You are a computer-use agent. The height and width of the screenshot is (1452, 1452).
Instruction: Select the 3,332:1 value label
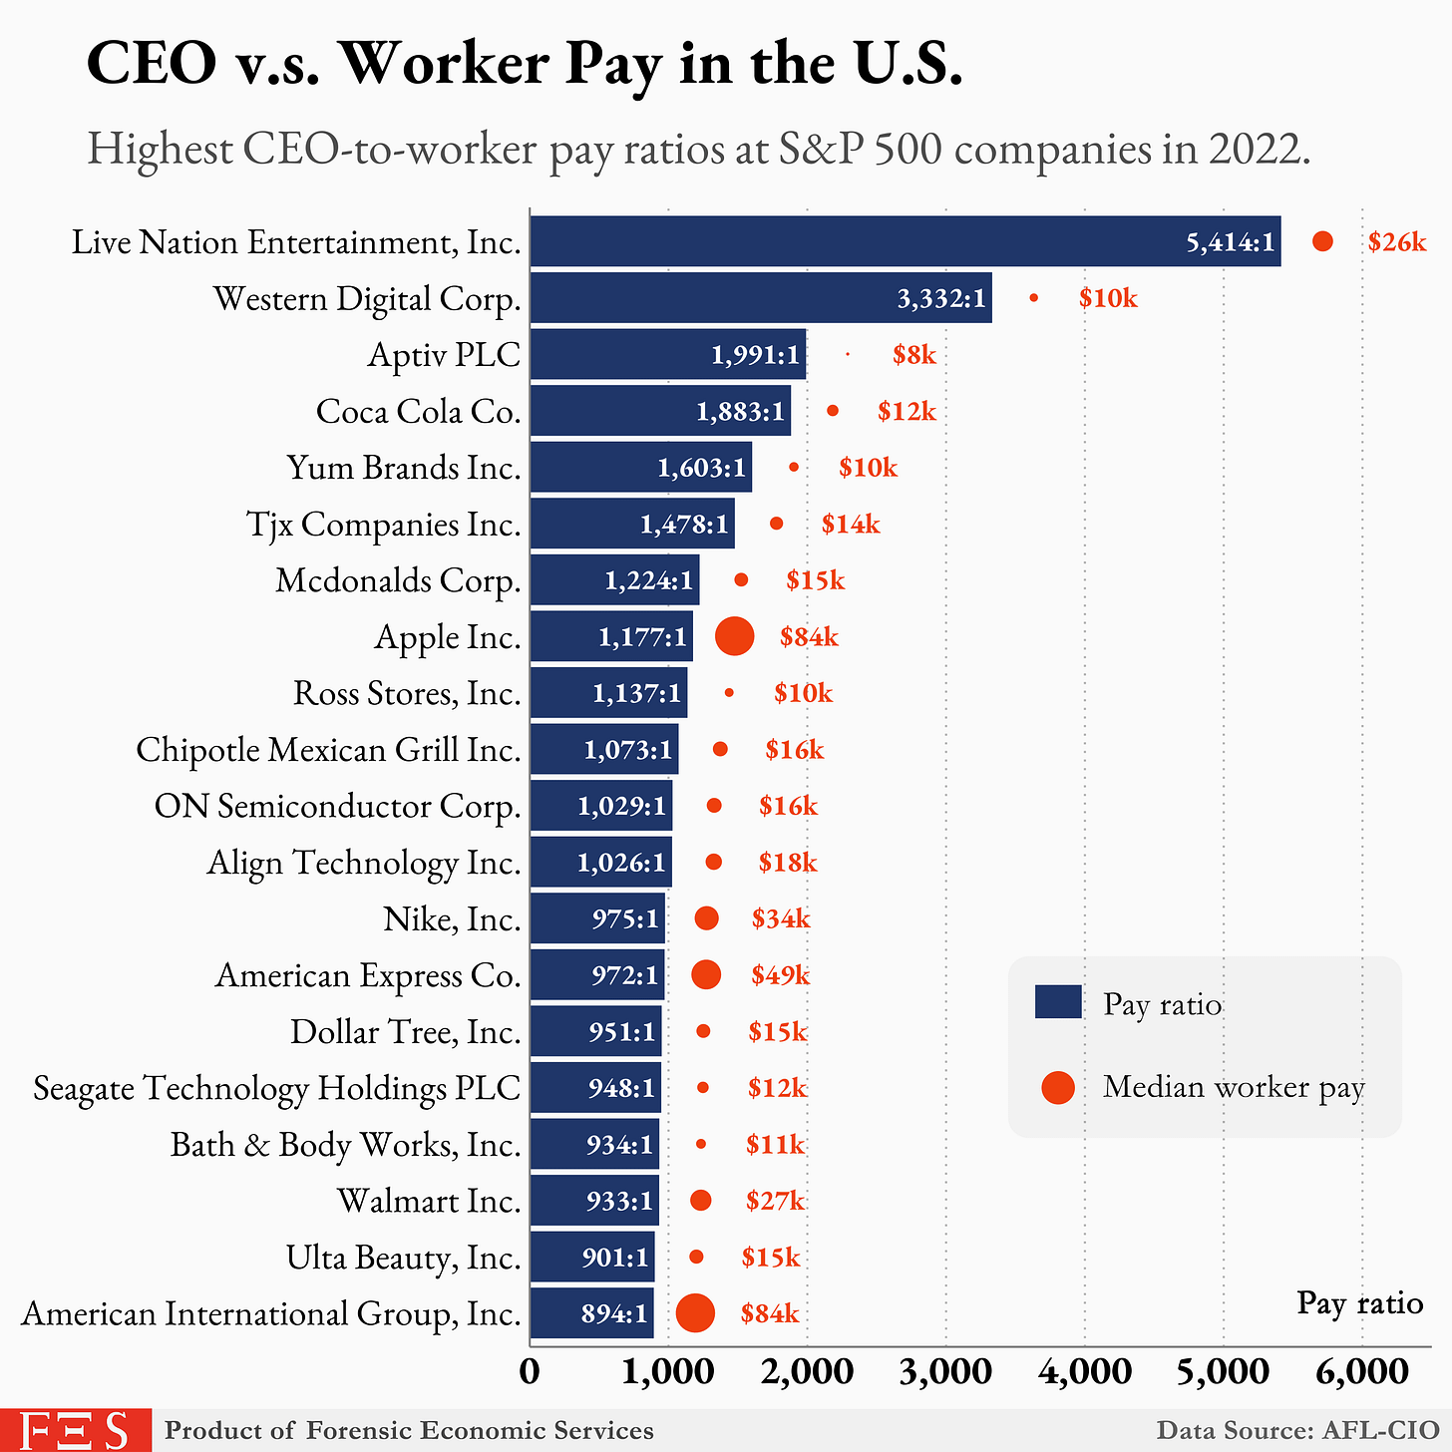940,298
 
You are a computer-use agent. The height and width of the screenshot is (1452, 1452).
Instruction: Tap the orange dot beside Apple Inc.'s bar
735,636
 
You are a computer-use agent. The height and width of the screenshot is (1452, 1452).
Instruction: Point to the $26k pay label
1396,241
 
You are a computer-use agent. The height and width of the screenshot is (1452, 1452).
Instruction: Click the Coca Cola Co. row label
418,411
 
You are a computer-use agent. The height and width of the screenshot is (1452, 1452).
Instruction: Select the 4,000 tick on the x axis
1084,1372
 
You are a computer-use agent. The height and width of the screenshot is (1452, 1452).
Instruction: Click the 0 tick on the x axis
530,1372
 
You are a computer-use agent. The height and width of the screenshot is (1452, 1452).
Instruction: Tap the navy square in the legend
1058,1002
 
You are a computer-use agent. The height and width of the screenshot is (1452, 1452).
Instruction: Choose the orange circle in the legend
1058,1087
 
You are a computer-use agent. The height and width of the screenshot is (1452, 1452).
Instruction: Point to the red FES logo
75,1430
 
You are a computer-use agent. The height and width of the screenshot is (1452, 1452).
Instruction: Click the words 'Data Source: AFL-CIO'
1296,1430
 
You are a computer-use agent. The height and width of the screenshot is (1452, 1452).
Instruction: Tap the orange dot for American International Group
695,1312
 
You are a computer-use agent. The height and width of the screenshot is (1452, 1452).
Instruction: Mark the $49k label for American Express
780,975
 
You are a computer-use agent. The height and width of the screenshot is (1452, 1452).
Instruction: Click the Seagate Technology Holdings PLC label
276,1088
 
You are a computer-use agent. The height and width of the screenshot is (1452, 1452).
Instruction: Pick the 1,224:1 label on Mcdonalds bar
648,580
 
